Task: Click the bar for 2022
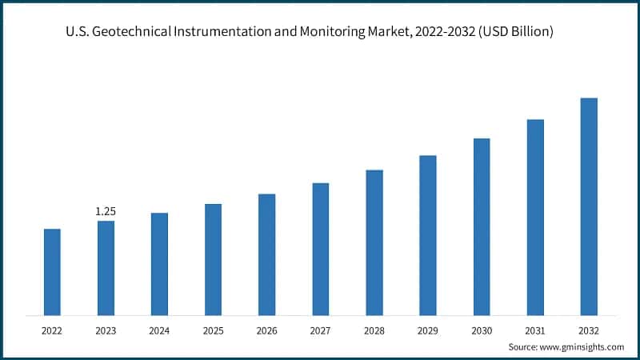pos(52,272)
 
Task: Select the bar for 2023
pos(106,268)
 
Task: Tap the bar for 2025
pos(213,259)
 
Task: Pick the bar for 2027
pos(320,249)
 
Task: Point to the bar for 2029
pos(428,235)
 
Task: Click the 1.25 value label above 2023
pos(106,211)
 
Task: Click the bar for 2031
pos(535,217)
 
